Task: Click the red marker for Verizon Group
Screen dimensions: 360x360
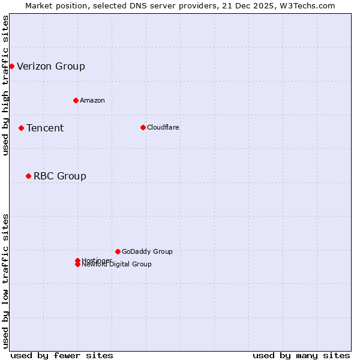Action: click(x=11, y=66)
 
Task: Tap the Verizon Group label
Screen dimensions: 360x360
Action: click(x=51, y=67)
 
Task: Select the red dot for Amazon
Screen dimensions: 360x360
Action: click(x=76, y=100)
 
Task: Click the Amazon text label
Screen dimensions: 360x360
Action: click(x=92, y=100)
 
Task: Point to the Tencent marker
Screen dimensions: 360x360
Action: click(x=21, y=128)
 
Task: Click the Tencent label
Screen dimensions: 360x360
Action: click(x=45, y=128)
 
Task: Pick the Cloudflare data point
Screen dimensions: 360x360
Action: click(x=143, y=127)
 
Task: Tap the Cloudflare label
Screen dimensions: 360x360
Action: click(x=163, y=127)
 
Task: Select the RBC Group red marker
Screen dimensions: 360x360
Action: click(x=28, y=176)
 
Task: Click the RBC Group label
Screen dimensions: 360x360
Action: click(x=60, y=176)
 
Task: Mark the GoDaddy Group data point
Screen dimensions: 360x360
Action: click(x=118, y=251)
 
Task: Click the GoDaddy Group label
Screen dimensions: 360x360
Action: click(x=147, y=251)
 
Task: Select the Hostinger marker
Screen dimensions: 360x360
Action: click(x=77, y=260)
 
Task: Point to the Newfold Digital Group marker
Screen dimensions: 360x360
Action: click(x=77, y=265)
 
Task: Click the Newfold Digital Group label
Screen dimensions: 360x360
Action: click(x=118, y=265)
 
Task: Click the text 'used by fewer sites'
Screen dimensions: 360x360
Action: click(x=62, y=355)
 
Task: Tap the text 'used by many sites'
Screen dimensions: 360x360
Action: click(x=301, y=355)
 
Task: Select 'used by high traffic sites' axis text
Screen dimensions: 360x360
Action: click(x=5, y=85)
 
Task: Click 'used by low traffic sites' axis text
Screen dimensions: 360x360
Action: click(x=5, y=281)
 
